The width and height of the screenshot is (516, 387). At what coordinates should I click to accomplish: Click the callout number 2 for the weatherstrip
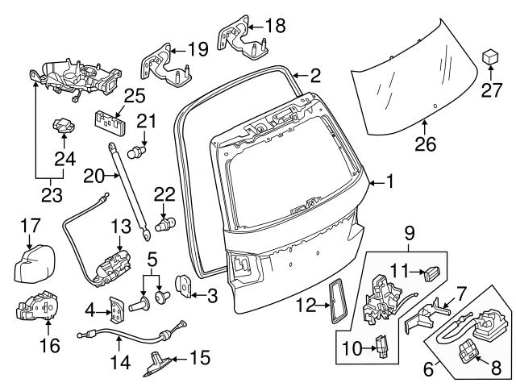pos(315,77)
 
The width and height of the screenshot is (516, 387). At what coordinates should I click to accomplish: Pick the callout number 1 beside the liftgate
pos(390,183)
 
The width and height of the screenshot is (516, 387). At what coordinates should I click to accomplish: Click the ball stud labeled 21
pos(139,150)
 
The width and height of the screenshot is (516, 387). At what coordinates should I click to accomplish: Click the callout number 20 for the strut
pos(94,175)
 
